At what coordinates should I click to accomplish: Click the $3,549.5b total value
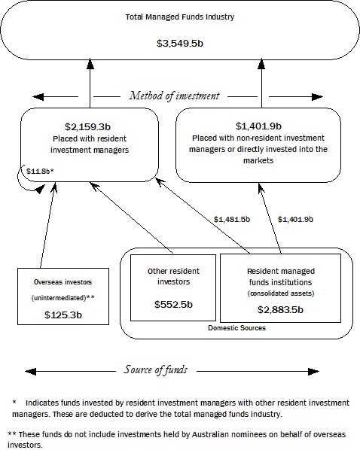(x=181, y=44)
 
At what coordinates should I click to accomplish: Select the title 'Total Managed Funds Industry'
(x=181, y=16)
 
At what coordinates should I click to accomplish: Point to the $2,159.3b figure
(x=89, y=126)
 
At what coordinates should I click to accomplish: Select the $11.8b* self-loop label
(x=39, y=172)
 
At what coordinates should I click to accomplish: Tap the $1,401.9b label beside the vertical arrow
(x=295, y=219)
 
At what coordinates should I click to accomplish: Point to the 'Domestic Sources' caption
(x=236, y=328)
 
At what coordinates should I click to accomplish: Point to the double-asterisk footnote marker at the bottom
(x=12, y=434)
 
